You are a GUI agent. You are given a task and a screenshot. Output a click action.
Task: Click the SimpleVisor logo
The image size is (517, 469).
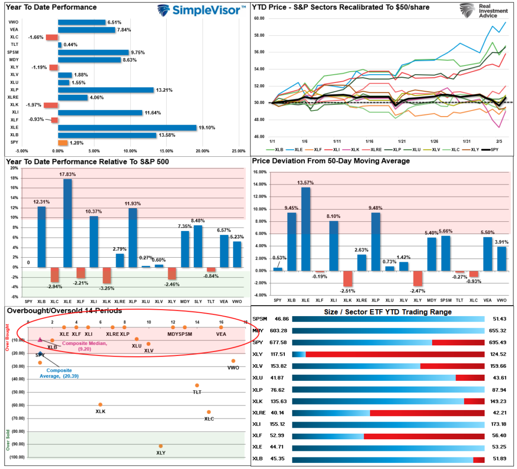[201, 10]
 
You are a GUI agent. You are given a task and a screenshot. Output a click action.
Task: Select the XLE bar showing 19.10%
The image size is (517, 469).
[127, 128]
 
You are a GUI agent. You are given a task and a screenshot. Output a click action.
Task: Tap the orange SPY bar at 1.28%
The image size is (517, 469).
[63, 143]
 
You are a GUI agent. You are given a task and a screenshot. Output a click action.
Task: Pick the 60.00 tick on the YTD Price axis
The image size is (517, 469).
[260, 18]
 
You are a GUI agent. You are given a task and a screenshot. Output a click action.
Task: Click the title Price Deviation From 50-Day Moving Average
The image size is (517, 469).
[331, 161]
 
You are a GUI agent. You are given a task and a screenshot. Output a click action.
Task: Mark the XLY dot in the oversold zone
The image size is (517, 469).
[161, 446]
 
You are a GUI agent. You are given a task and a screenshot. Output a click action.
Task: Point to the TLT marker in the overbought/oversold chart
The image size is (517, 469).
[197, 385]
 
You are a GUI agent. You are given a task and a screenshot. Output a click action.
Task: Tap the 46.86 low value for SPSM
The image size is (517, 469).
[281, 319]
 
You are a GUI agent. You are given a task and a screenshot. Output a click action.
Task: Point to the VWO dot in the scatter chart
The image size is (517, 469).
[233, 361]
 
